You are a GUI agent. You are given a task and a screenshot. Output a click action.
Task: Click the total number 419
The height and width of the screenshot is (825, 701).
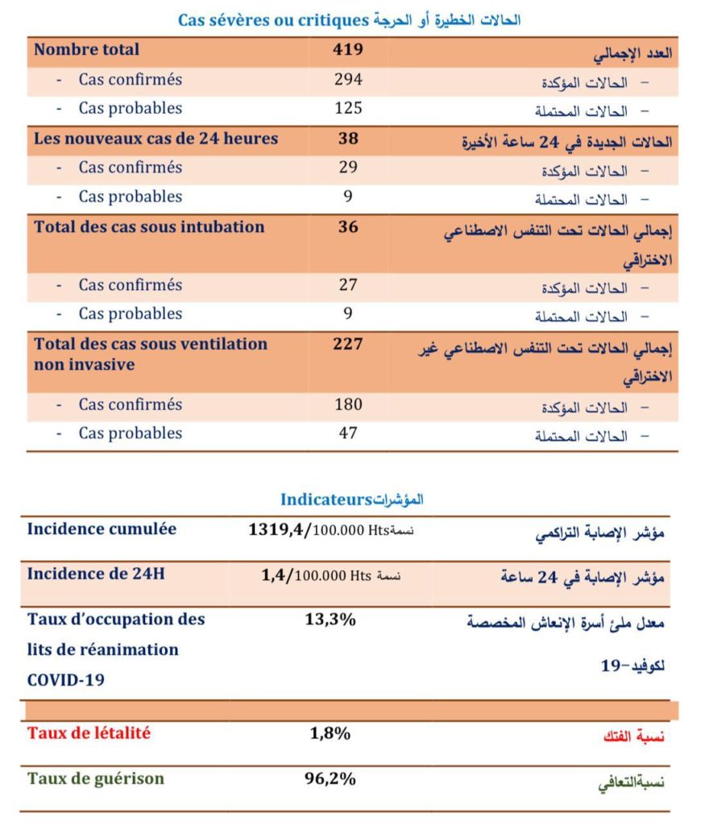pyautogui.click(x=348, y=50)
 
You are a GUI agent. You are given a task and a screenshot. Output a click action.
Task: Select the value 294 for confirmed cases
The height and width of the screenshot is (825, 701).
pyautogui.click(x=348, y=80)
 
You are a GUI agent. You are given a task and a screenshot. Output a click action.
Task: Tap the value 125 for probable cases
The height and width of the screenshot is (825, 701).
pyautogui.click(x=348, y=109)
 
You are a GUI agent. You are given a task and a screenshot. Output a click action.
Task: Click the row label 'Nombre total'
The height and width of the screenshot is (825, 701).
pyautogui.click(x=86, y=50)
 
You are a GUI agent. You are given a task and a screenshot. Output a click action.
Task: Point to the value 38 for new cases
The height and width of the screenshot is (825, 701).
pyautogui.click(x=348, y=139)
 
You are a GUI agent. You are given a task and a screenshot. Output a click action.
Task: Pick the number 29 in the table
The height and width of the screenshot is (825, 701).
pyautogui.click(x=348, y=168)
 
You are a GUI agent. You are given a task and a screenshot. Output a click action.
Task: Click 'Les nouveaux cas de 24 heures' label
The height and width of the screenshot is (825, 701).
pyautogui.click(x=156, y=139)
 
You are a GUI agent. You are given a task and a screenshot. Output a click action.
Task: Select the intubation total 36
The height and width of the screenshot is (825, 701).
pyautogui.click(x=348, y=227)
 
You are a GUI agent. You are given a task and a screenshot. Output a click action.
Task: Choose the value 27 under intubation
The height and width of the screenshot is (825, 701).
pyautogui.click(x=348, y=285)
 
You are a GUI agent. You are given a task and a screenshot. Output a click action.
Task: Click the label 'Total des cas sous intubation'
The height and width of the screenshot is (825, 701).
pyautogui.click(x=149, y=227)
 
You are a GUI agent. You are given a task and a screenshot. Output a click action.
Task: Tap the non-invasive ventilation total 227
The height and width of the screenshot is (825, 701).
pyautogui.click(x=348, y=344)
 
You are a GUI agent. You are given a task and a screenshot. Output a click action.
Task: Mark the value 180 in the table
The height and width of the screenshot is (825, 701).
pyautogui.click(x=348, y=404)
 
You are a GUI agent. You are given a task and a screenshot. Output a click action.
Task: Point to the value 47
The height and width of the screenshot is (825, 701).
pyautogui.click(x=348, y=433)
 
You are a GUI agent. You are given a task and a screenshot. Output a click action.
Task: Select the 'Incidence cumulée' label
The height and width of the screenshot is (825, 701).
pyautogui.click(x=102, y=529)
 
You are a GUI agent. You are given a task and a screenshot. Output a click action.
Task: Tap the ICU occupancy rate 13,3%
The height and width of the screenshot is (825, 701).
pyautogui.click(x=330, y=620)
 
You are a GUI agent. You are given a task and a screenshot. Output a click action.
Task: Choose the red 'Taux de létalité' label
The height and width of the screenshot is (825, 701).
pyautogui.click(x=89, y=733)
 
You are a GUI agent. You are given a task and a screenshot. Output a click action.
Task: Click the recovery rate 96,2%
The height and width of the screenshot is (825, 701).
pyautogui.click(x=330, y=779)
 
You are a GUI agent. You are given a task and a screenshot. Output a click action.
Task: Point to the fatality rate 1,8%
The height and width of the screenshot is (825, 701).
pyautogui.click(x=330, y=733)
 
